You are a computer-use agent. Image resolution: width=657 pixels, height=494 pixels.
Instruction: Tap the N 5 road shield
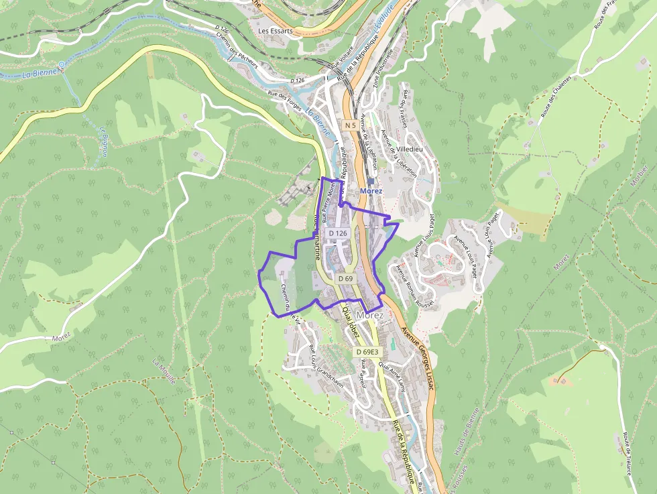(349, 125)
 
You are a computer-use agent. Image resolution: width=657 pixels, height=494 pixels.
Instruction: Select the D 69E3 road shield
(367, 352)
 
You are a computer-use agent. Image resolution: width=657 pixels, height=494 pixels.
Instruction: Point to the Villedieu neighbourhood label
(410, 150)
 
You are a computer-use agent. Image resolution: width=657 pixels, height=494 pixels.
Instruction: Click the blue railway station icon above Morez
(371, 181)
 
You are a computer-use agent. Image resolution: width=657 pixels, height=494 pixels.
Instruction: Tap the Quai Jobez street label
(351, 322)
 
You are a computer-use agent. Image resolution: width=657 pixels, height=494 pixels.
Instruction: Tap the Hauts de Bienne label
(467, 432)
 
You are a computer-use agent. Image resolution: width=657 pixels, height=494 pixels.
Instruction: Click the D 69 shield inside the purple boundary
(345, 277)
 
